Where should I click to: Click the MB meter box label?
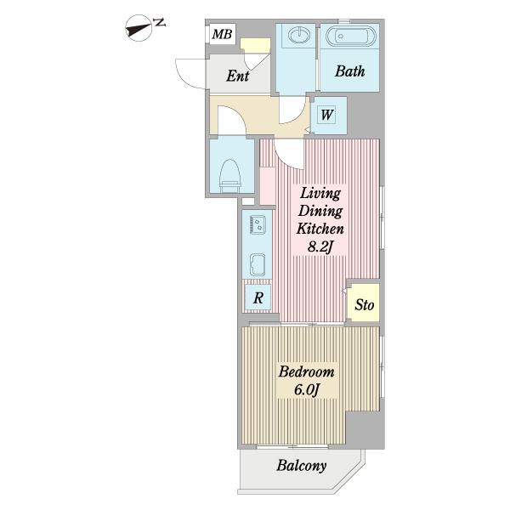point(222,34)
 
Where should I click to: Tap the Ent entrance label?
point(238,76)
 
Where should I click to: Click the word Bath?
point(349,71)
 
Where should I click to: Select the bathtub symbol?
point(350,36)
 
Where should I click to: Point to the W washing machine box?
point(327,115)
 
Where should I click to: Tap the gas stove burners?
point(258,224)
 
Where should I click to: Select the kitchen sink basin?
point(258,264)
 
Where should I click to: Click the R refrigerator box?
point(258,297)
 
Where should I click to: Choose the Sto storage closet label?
point(364,305)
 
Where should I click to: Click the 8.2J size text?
point(320,247)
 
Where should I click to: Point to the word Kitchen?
point(320,229)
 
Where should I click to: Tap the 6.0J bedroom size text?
point(307,389)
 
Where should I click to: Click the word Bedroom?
point(306,371)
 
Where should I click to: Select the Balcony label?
point(302,466)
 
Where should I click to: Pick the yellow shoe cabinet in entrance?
point(255,45)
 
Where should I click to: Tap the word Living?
point(320,194)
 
